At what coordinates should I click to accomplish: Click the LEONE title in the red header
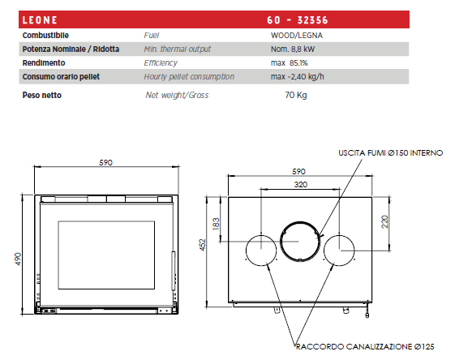40,20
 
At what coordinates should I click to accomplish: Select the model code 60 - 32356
298,20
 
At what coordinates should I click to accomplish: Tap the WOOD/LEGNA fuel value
297,36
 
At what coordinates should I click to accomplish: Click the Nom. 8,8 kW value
293,49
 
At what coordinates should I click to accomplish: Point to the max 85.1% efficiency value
289,63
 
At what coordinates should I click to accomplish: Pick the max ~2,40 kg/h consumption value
297,76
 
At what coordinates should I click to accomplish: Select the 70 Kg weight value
296,95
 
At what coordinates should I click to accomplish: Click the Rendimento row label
44,63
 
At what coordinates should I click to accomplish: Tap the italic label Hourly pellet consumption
189,76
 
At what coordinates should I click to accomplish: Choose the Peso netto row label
42,95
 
